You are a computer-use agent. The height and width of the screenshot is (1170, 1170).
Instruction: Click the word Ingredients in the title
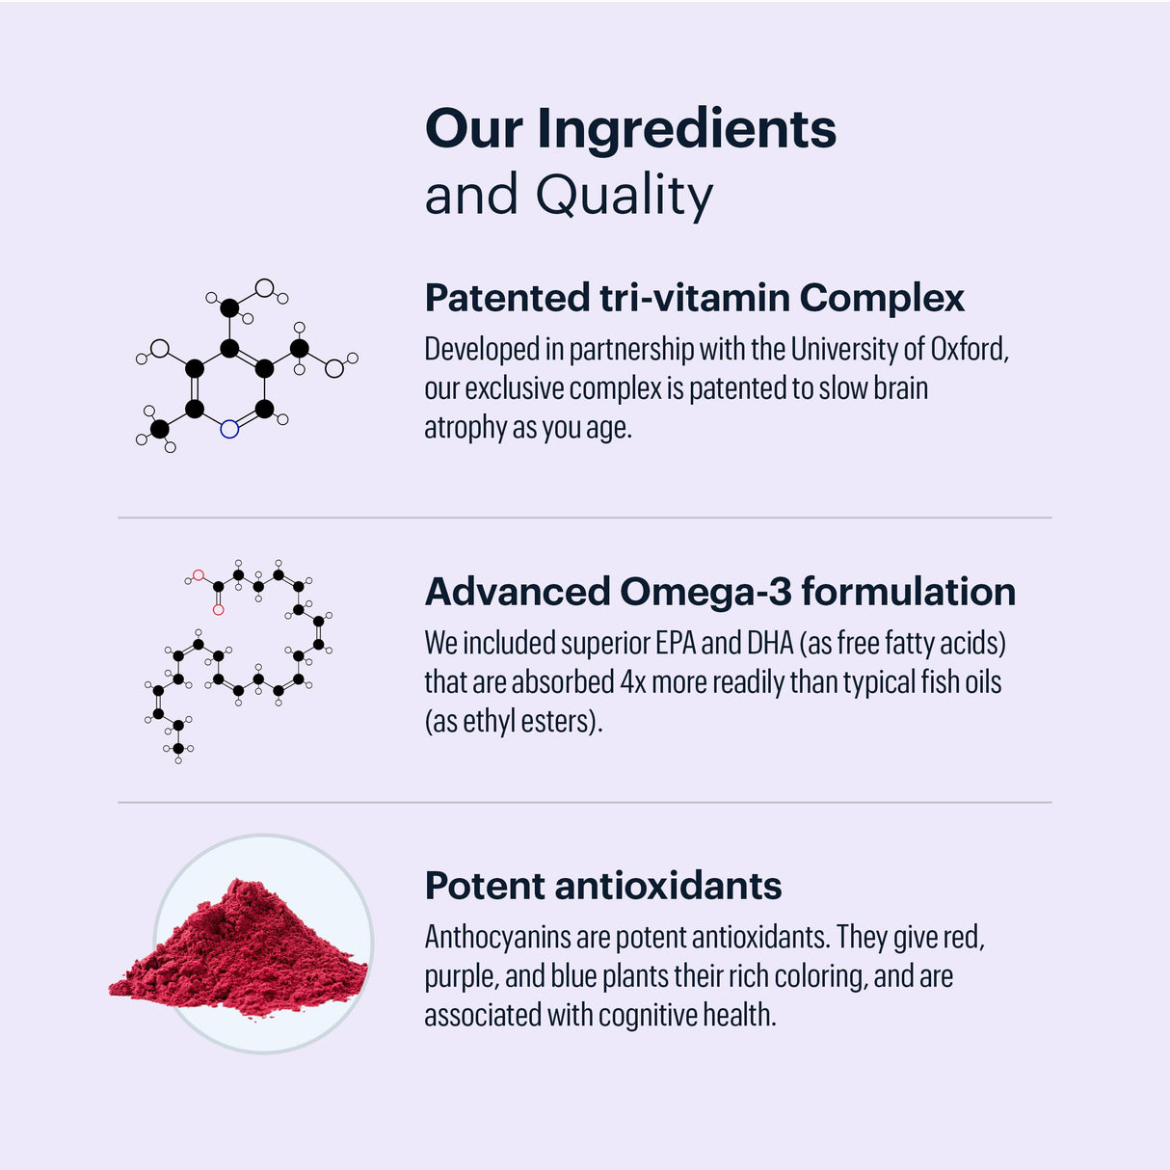[x=686, y=131]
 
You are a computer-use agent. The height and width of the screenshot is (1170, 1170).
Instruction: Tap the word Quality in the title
[x=625, y=196]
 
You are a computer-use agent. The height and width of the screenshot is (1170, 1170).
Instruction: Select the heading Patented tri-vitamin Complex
[x=694, y=298]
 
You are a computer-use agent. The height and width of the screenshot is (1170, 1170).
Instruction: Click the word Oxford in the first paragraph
[x=969, y=349]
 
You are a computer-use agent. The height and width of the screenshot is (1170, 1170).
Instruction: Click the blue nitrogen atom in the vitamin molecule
[x=229, y=429]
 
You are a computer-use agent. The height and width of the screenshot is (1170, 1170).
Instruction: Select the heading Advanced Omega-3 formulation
[x=720, y=592]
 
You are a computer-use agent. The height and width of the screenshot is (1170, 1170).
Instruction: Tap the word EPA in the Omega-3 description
[x=676, y=643]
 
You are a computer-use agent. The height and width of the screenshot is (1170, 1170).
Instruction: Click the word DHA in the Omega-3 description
[x=769, y=643]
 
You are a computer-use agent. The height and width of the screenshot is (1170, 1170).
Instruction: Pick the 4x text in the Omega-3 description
[x=633, y=682]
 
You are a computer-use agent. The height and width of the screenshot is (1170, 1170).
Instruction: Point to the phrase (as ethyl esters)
[x=514, y=721]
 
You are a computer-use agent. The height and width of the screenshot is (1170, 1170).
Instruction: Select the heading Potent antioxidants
[x=603, y=886]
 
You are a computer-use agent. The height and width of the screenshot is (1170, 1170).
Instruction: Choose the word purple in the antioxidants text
[x=461, y=976]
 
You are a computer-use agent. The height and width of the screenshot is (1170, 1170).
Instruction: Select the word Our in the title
[x=474, y=131]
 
